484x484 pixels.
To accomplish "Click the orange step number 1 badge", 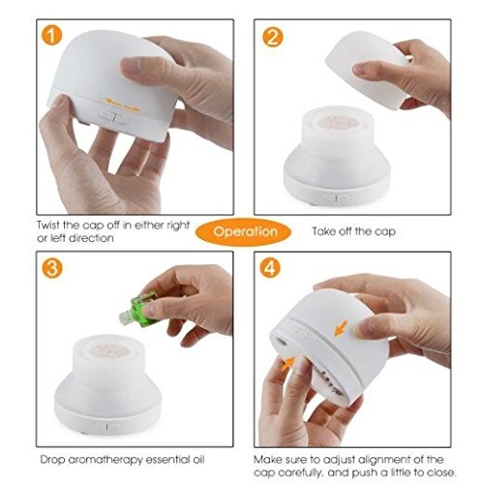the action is coord(51,35).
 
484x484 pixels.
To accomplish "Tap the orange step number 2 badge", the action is coord(273,38).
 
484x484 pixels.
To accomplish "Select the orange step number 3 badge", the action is coord(52,267).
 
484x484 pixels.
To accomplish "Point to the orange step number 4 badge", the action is coord(270,267).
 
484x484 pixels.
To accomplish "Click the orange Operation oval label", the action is coord(244,231).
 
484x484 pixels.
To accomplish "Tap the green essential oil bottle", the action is coord(138,308).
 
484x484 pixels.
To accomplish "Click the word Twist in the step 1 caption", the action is coord(48,225).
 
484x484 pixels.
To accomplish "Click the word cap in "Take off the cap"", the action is coord(385,232).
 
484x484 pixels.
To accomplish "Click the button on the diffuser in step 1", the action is coord(114,118).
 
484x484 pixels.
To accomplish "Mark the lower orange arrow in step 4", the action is coord(287,364).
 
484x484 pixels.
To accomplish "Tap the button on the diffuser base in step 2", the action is coord(337,197).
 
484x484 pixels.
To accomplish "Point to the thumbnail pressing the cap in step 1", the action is coord(131,66).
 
